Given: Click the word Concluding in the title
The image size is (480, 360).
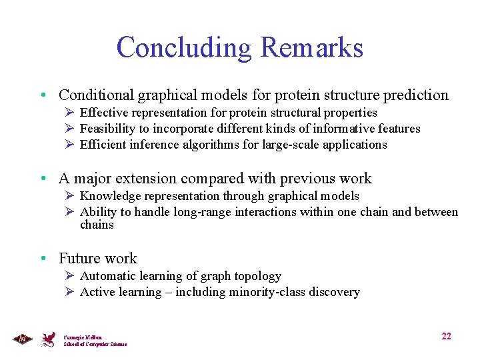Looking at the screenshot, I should [x=185, y=47].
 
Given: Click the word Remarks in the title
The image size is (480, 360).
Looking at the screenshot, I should [x=312, y=47].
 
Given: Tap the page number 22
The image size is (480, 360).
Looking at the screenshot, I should [x=446, y=336].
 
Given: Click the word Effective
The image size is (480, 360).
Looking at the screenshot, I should [x=102, y=113].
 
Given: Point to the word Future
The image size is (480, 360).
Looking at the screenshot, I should [x=79, y=259].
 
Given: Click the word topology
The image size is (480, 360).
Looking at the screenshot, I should [x=258, y=276].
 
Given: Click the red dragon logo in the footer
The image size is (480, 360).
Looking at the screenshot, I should [x=49, y=339].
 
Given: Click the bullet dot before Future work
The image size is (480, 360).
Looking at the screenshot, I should [x=43, y=259].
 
